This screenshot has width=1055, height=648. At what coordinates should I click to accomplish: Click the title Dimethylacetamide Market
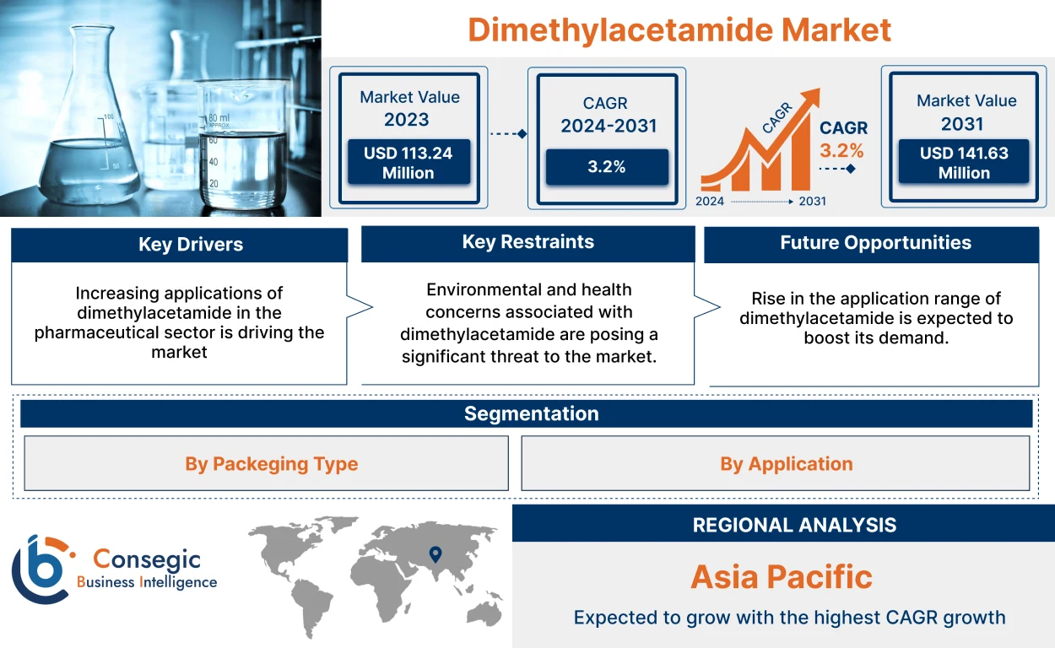[x=679, y=30]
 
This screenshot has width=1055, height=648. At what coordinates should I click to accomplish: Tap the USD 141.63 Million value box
[x=964, y=163]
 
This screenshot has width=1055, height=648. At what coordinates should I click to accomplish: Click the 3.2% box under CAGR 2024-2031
[x=606, y=167]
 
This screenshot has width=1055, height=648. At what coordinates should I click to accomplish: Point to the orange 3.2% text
[x=841, y=151]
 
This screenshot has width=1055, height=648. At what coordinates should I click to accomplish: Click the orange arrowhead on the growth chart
[x=811, y=98]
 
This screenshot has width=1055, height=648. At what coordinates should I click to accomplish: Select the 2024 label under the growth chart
[x=710, y=202]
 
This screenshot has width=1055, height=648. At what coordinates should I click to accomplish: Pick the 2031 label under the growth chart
[x=812, y=202]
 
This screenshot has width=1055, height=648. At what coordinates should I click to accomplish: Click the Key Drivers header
[x=190, y=245]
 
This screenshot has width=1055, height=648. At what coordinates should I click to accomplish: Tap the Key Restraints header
[x=527, y=242]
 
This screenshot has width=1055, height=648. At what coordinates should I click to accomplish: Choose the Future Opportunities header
[x=875, y=243]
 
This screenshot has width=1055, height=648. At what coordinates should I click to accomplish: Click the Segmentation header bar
[x=531, y=413]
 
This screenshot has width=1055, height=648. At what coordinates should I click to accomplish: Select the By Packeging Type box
[x=271, y=464]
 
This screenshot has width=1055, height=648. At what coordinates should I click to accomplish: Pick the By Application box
[x=786, y=464]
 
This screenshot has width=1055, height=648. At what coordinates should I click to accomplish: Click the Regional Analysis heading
[x=793, y=525]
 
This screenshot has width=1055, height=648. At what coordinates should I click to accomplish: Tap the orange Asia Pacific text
[x=781, y=577]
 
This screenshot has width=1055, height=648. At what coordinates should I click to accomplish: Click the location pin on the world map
[x=435, y=554]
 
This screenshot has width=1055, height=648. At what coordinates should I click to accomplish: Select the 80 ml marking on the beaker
[x=219, y=117]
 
